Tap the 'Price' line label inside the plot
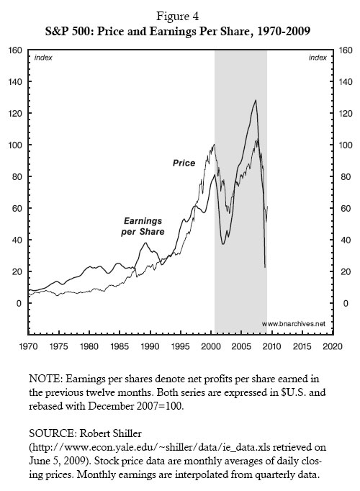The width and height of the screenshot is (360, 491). coord(184,163)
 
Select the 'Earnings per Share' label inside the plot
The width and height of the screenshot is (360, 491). coord(142,226)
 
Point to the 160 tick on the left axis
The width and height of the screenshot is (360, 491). coord(13,50)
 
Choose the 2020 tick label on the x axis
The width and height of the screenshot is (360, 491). coord(332,346)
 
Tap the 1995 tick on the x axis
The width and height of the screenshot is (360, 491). coord(180,346)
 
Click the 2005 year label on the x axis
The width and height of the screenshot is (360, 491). coord(241,346)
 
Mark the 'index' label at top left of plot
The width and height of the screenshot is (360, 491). coord(42,57)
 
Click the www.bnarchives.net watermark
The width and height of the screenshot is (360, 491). coord(293,324)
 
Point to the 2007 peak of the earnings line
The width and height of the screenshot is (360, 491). coord(255,101)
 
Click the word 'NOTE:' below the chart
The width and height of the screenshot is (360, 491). coord(47,378)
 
